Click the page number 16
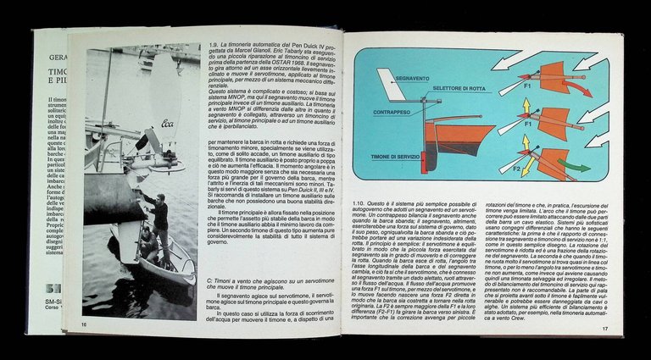pos(83,324)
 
